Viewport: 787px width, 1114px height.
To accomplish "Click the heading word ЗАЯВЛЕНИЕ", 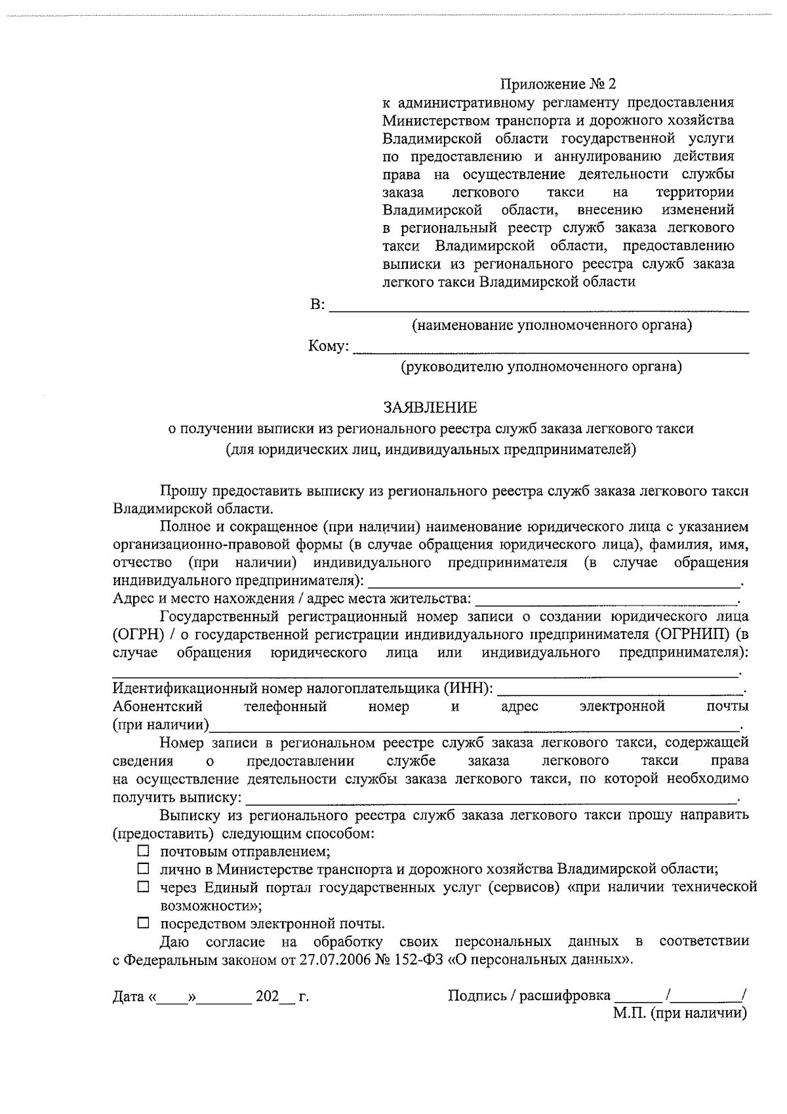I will (430, 408).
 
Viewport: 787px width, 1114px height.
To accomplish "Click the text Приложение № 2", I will (558, 85).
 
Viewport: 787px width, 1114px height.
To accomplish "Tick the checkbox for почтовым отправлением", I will (143, 852).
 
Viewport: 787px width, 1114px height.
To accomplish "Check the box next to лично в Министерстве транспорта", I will (143, 869).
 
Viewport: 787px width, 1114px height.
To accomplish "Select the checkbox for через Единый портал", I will (143, 888).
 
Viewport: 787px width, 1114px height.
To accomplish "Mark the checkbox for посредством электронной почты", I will (143, 924).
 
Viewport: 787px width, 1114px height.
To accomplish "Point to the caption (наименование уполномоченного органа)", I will (552, 325).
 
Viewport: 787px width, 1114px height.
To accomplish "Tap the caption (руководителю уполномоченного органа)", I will (542, 367).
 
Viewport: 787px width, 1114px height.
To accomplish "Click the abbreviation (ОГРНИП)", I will (690, 634).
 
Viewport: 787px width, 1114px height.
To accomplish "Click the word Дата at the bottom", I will (129, 997).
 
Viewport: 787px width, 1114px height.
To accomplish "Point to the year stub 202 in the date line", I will (267, 997).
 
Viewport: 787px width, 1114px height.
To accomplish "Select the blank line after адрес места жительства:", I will (606, 599).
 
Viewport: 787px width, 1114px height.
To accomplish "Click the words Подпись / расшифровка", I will (529, 996).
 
